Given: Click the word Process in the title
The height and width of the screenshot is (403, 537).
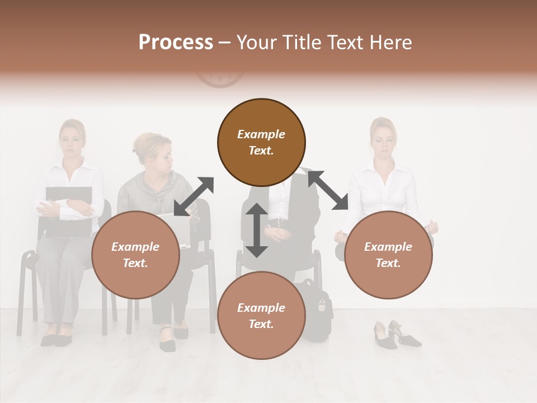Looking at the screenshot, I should [x=176, y=43].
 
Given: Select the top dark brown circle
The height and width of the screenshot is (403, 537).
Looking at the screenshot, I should [x=261, y=142].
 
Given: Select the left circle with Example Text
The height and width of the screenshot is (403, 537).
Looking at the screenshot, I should [x=135, y=255].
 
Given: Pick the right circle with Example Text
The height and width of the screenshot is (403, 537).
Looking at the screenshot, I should [x=388, y=255].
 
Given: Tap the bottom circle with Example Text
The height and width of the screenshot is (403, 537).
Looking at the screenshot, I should [x=261, y=316].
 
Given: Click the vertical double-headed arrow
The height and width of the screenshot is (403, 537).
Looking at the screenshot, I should [x=257, y=230].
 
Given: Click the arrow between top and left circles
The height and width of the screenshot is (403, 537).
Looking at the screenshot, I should [x=194, y=196].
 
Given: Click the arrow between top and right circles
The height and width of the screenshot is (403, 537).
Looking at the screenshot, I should [x=328, y=190].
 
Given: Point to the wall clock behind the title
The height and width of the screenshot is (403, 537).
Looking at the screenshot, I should [x=219, y=78].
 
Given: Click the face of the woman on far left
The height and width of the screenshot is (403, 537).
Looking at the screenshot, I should [x=72, y=137].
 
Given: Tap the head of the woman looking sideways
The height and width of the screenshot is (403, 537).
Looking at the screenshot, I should [x=152, y=148].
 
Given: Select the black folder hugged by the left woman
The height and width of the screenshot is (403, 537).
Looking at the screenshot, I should [x=68, y=210].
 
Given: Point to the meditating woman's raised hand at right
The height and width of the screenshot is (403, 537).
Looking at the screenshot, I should [x=431, y=227].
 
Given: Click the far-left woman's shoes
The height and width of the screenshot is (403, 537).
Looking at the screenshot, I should [x=56, y=339].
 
